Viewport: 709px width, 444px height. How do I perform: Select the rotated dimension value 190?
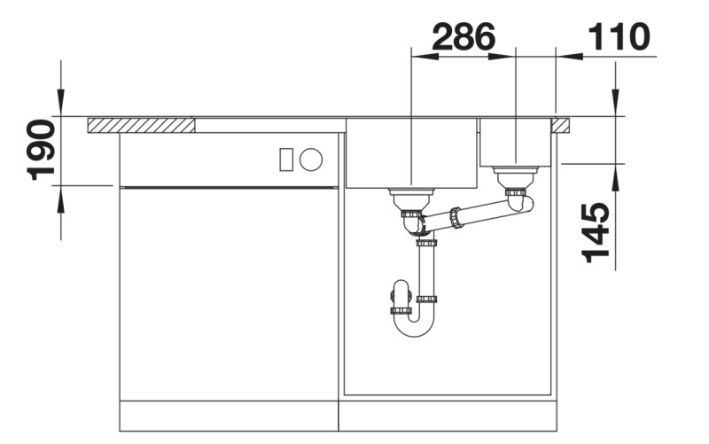pyautogui.click(x=43, y=150)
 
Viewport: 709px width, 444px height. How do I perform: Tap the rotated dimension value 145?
pyautogui.click(x=598, y=232)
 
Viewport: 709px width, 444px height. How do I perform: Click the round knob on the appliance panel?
pyautogui.click(x=310, y=160)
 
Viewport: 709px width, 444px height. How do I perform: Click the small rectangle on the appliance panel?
pyautogui.click(x=286, y=160)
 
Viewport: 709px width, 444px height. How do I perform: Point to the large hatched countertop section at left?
pyautogui.click(x=142, y=125)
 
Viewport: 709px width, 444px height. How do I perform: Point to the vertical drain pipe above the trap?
pyautogui.click(x=426, y=270)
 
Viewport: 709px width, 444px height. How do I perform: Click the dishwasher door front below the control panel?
pyautogui.click(x=229, y=292)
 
